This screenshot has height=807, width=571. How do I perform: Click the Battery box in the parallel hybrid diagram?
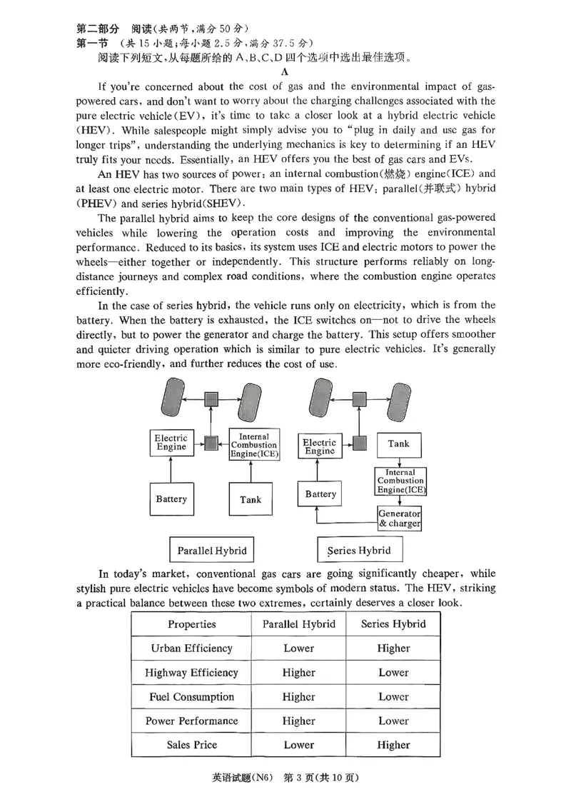pos(171,499)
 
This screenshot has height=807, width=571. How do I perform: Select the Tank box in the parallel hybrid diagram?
pos(251,499)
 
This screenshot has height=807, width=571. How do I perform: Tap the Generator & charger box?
pos(399,518)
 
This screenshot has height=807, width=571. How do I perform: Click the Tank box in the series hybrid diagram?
pos(398,444)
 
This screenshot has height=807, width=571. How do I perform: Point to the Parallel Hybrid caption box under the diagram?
pos(212,551)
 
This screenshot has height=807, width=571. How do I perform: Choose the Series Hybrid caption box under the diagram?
pos(360,551)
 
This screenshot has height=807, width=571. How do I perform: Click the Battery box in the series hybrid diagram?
pos(320,494)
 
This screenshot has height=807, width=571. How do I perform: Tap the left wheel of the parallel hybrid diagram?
pos(173,400)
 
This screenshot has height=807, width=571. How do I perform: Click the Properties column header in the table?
pos(191,624)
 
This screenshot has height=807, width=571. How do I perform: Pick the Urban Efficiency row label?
pos(191,648)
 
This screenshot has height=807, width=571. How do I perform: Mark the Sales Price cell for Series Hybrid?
pos(393,745)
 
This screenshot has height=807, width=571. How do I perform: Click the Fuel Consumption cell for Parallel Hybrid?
pos(298,697)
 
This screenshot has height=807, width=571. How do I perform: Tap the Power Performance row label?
pos(191,721)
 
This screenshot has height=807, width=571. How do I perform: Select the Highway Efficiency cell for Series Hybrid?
pos(393,673)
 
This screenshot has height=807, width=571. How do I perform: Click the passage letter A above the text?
pos(284,72)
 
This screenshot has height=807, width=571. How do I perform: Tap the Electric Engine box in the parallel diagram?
pos(171,443)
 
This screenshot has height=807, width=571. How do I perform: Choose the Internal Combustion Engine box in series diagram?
pos(400,481)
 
